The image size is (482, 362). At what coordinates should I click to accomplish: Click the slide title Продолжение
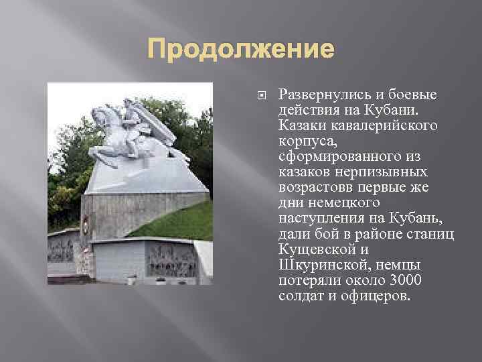(240, 50)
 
